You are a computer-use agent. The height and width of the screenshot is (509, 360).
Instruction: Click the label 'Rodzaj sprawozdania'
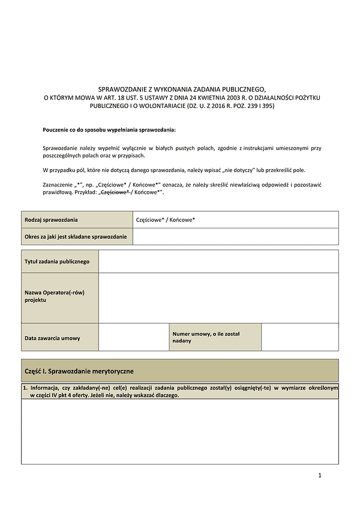pos(51,220)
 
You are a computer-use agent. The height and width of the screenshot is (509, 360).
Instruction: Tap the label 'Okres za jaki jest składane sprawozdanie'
pos(76,237)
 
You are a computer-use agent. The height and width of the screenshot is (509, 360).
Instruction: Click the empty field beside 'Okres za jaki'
pos(235,237)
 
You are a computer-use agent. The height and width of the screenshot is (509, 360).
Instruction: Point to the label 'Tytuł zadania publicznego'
pos(57,261)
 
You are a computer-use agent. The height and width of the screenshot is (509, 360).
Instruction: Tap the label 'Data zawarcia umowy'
pos(52,338)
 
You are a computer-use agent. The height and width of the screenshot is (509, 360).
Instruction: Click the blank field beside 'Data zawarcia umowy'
pos(133,337)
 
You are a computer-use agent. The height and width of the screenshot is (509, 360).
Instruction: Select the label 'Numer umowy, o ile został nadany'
pos(199,337)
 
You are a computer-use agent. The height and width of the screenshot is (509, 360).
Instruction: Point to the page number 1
pos(320,475)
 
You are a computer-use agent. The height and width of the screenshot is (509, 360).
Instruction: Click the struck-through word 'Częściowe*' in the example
pos(116,193)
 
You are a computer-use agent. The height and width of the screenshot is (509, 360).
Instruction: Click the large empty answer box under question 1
pos(180,430)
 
